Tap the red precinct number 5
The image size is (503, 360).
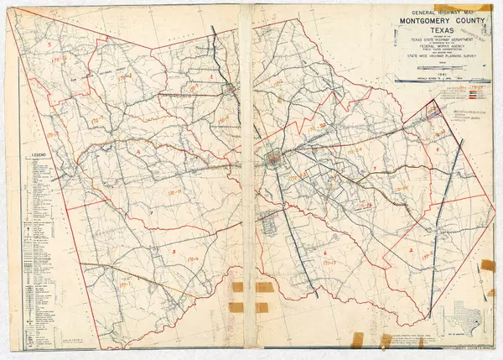[x=50, y=41]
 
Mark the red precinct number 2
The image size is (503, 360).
[x=411, y=250]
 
